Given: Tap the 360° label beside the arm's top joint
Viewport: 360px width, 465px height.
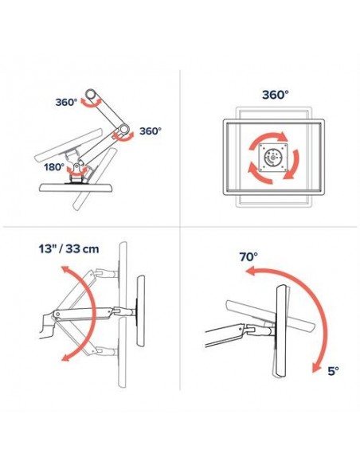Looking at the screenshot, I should (67, 102).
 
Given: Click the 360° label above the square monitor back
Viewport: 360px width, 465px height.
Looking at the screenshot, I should (276, 94).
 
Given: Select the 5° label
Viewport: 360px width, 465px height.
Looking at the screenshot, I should (334, 370).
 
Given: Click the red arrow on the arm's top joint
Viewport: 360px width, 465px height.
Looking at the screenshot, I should (94, 100).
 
